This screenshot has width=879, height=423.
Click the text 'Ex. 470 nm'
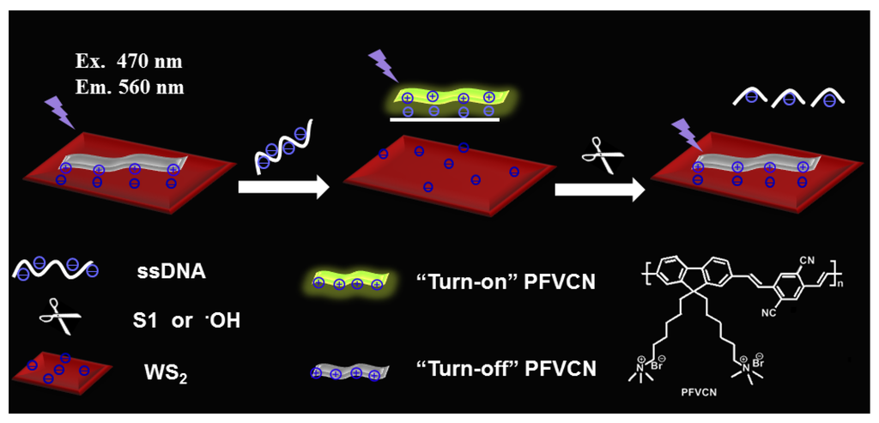130,62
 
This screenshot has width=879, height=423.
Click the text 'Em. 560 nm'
130,87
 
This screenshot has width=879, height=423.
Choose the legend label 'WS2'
162,372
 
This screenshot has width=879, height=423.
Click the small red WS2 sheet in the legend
61,370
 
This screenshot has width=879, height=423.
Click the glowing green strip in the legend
350,281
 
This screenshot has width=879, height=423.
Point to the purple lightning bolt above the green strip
379,65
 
